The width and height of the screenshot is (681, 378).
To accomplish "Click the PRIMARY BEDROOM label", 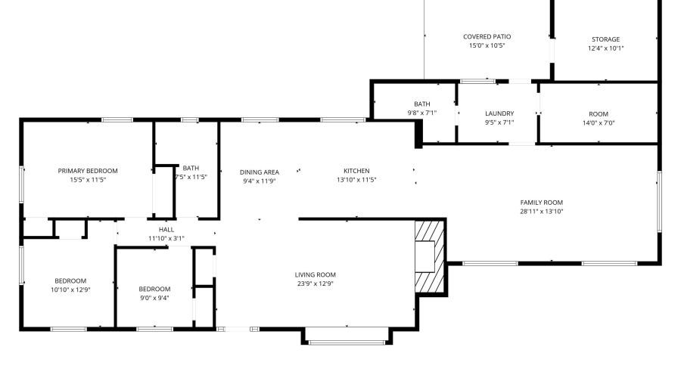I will (x=88, y=171).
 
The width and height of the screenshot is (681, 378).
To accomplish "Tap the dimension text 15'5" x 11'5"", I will (x=88, y=180).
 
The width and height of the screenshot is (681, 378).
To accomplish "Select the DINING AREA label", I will (x=260, y=172).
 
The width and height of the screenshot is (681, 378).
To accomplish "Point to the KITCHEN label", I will (x=356, y=171).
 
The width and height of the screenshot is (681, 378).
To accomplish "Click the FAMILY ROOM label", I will (x=541, y=202).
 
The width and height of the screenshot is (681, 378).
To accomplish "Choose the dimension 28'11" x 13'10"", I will (x=541, y=212).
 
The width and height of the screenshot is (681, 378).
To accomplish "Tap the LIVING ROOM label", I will (x=316, y=274).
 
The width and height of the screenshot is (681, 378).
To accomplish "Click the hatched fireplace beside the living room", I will (x=430, y=256).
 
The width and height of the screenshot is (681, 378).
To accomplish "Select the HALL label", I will (x=166, y=229).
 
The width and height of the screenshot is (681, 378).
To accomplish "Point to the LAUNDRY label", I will (x=499, y=113).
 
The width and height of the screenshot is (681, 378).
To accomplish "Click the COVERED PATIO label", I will (x=487, y=36).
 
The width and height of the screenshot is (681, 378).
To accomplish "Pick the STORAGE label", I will (x=605, y=39).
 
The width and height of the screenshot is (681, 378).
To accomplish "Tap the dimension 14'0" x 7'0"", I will (x=605, y=122).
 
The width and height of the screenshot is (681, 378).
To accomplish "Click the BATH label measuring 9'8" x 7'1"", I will (x=421, y=104).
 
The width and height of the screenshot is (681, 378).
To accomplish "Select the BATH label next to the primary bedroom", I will (x=191, y=168).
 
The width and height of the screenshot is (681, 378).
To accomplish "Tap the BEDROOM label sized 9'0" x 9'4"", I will (x=154, y=289).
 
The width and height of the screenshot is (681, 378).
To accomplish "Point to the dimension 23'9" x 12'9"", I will (x=316, y=284).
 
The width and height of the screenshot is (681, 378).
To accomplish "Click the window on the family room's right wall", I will (x=659, y=201).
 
